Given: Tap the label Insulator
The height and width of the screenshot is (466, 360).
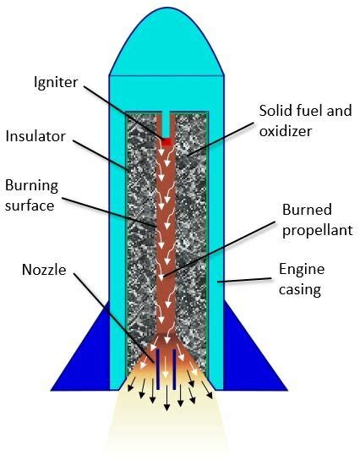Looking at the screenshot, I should tap(32, 135).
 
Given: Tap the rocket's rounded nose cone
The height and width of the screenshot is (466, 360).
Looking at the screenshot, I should tap(166, 42).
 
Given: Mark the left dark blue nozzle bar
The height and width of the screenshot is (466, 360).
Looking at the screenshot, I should tap(159, 365).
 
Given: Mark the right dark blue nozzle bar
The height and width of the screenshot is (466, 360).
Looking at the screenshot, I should tap(174, 365).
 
